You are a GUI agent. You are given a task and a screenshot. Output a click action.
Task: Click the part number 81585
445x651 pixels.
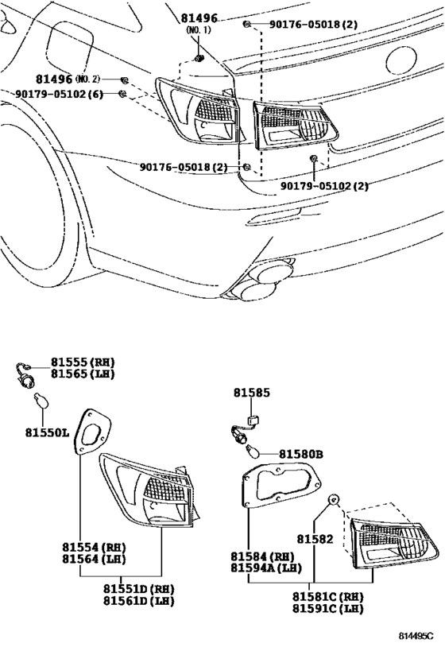pos(251,392)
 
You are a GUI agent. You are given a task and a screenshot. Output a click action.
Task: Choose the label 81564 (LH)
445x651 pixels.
pos(94,559)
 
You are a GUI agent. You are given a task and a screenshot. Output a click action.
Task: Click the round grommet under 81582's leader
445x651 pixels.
pos(335,500)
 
